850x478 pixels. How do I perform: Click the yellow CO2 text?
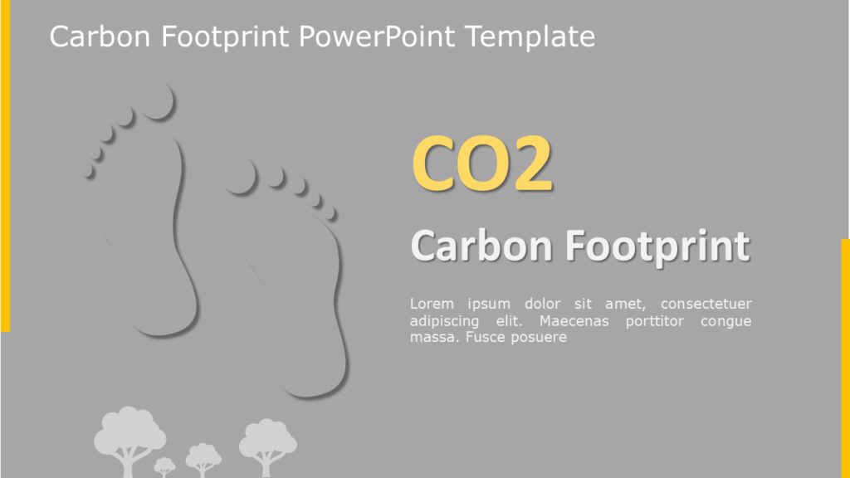pos(481,164)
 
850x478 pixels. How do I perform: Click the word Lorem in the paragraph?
pos(432,304)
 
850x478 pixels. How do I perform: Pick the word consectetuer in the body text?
pos(706,304)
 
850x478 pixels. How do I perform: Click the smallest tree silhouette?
pos(164,466)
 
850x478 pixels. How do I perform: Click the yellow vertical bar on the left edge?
pos(5,166)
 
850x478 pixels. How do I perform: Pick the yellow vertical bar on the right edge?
pos(845,357)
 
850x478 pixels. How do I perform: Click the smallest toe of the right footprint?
pos(331,213)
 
